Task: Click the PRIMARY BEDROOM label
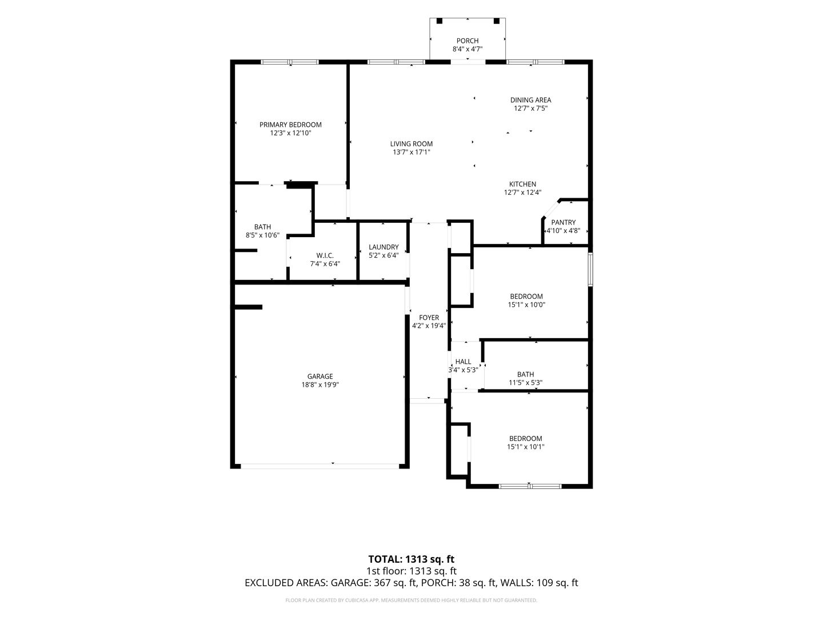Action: click(x=290, y=125)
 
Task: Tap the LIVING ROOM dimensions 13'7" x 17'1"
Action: click(x=411, y=152)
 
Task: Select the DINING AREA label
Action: click(x=530, y=100)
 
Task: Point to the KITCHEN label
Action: click(x=522, y=184)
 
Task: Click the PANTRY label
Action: click(x=563, y=222)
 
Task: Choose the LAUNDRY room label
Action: click(x=383, y=247)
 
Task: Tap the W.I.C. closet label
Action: click(x=325, y=255)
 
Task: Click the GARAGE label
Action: click(x=320, y=376)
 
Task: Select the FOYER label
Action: click(x=429, y=318)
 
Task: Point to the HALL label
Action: click(x=463, y=362)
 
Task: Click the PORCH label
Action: click(x=467, y=41)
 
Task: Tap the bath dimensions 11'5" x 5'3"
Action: click(x=525, y=383)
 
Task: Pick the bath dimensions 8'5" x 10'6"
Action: click(x=262, y=235)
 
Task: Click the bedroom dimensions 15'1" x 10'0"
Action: click(x=526, y=305)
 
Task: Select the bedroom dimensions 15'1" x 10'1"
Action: click(x=525, y=447)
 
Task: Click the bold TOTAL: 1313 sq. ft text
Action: click(x=411, y=559)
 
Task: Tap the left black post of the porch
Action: click(x=439, y=21)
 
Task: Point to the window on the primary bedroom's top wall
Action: click(x=290, y=62)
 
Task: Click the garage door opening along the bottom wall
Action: click(x=319, y=466)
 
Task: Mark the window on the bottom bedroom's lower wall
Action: click(x=530, y=486)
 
